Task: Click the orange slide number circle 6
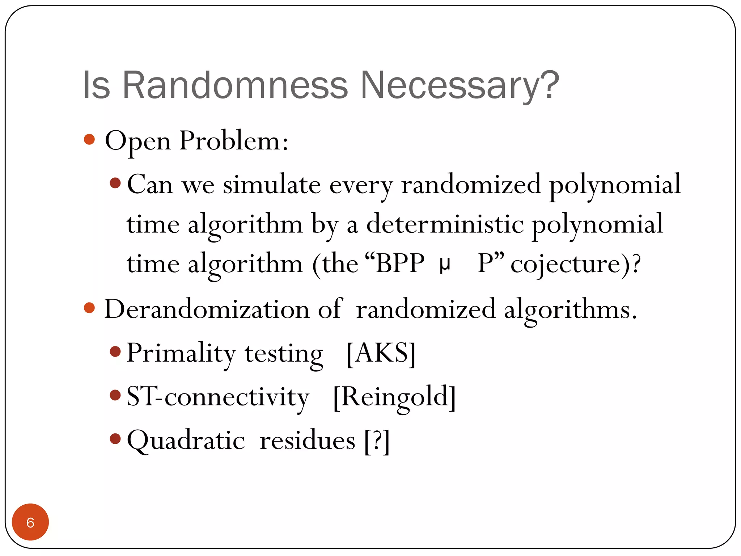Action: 30,522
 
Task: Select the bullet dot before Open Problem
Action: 89,139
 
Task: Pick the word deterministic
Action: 445,224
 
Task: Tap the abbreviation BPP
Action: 400,263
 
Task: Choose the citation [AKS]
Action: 381,353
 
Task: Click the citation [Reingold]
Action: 394,397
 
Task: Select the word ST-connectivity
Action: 218,397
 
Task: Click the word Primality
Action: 181,353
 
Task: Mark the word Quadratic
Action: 186,441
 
